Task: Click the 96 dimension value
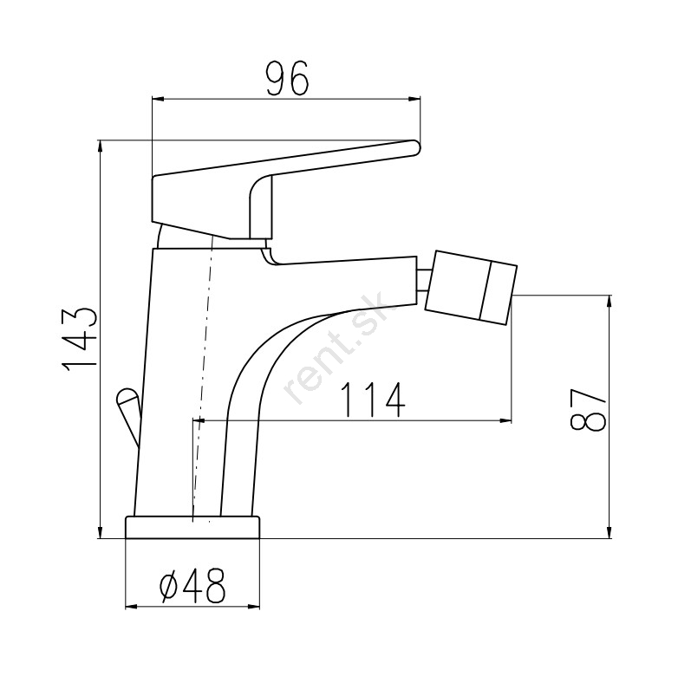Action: (287, 79)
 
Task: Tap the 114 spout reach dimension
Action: (373, 400)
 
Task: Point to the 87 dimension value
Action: (588, 409)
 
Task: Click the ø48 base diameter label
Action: (192, 585)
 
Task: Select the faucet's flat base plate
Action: (192, 527)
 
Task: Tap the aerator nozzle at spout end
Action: (471, 287)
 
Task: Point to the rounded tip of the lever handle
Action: (414, 147)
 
